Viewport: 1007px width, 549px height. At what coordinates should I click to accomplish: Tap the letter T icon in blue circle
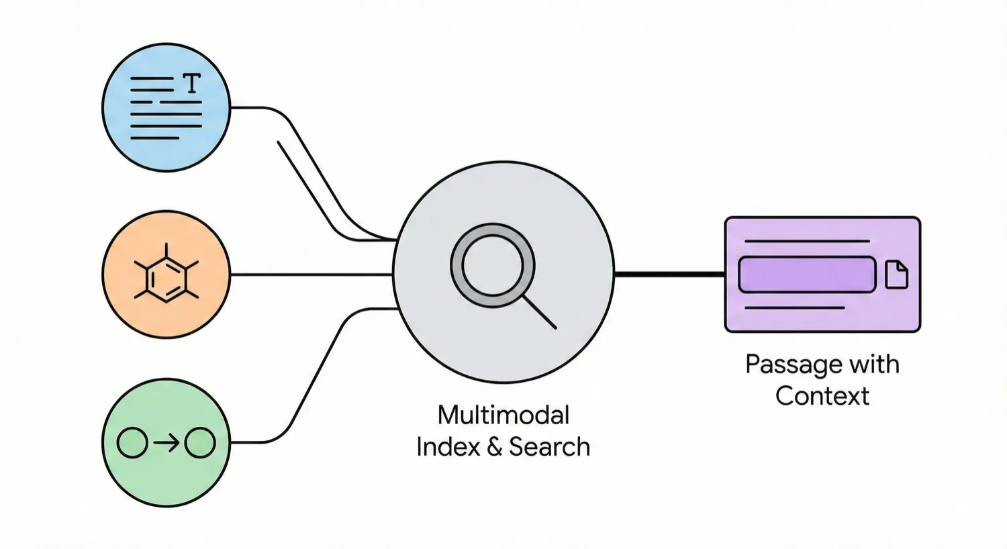pyautogui.click(x=192, y=84)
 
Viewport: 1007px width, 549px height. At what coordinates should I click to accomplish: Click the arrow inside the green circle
pyautogui.click(x=166, y=443)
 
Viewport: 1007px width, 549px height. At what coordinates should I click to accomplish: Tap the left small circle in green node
pyautogui.click(x=132, y=443)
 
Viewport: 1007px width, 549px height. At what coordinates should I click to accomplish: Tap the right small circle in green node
pyautogui.click(x=200, y=443)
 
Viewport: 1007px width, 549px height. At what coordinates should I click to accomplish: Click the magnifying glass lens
pyautogui.click(x=493, y=265)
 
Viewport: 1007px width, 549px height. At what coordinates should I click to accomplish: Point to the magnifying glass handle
pyautogui.click(x=540, y=313)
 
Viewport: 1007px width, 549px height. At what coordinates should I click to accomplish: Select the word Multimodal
pyautogui.click(x=503, y=415)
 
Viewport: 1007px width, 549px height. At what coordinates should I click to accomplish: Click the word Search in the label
pyautogui.click(x=549, y=447)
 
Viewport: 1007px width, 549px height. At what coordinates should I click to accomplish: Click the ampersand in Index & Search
pyautogui.click(x=495, y=447)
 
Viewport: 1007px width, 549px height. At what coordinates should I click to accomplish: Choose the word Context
pyautogui.click(x=822, y=396)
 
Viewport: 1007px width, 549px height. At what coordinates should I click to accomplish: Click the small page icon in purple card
pyautogui.click(x=896, y=274)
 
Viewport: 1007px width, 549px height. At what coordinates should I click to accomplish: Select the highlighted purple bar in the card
pyautogui.click(x=807, y=274)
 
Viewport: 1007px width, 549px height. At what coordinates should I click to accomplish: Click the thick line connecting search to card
pyautogui.click(x=669, y=274)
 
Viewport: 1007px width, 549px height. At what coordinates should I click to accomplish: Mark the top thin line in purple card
pyautogui.click(x=807, y=241)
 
